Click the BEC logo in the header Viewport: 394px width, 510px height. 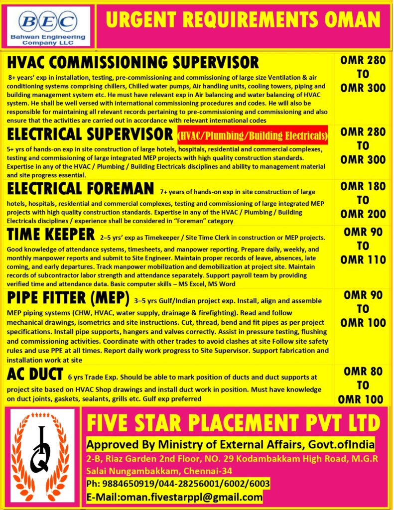(48, 21)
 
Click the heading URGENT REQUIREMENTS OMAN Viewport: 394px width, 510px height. (243, 20)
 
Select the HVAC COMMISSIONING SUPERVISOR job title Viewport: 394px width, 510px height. (133, 62)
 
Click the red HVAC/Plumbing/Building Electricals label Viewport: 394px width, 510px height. (253, 135)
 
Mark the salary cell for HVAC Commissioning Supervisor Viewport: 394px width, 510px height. (363, 74)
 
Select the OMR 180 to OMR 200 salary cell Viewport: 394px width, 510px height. (363, 200)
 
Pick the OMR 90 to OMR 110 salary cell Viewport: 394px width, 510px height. (363, 246)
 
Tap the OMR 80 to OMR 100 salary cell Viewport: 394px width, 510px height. (363, 385)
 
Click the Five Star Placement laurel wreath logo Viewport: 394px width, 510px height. (43, 456)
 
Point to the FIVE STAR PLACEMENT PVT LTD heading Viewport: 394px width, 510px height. (233, 424)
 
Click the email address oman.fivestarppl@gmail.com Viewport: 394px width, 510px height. (174, 497)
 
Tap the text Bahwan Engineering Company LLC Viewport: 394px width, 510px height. (48, 39)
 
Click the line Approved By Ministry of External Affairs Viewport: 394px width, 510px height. (230, 444)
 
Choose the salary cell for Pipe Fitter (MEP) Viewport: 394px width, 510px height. (363, 309)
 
